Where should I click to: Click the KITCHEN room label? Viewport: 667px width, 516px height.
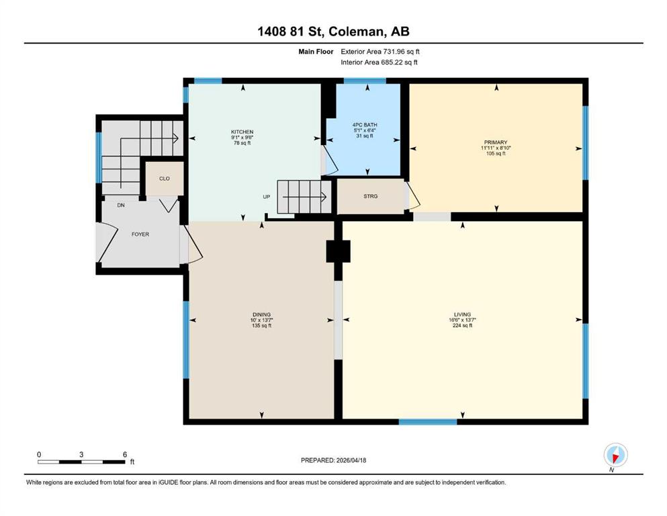coord(242,132)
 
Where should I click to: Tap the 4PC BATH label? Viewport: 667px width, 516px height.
coord(365,125)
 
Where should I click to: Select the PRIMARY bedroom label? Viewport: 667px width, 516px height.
coord(496,142)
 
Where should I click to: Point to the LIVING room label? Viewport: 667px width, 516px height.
coord(462,314)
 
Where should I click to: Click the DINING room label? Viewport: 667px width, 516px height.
coord(261,315)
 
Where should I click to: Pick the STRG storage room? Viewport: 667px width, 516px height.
coord(371,196)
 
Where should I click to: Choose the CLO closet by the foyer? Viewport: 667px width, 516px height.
coord(165,178)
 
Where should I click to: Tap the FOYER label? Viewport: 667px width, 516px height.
coord(140,234)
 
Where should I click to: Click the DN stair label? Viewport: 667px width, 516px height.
coord(121,205)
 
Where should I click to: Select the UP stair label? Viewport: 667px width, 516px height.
coord(266,197)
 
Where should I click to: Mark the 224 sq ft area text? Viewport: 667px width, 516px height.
coord(462,325)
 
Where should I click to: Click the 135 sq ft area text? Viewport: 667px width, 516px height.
coord(261,326)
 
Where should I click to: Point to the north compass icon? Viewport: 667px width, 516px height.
coord(615,455)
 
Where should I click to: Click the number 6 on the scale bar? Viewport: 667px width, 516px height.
coord(125,454)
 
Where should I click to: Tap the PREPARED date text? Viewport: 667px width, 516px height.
coord(333,460)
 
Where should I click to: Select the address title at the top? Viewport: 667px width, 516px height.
coord(333,32)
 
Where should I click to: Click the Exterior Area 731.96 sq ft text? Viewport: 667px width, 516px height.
coord(380,52)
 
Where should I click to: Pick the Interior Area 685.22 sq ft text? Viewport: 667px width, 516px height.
coord(379,62)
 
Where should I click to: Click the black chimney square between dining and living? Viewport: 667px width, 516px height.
coord(338,251)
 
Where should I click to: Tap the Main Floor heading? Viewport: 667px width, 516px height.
coord(316,52)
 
